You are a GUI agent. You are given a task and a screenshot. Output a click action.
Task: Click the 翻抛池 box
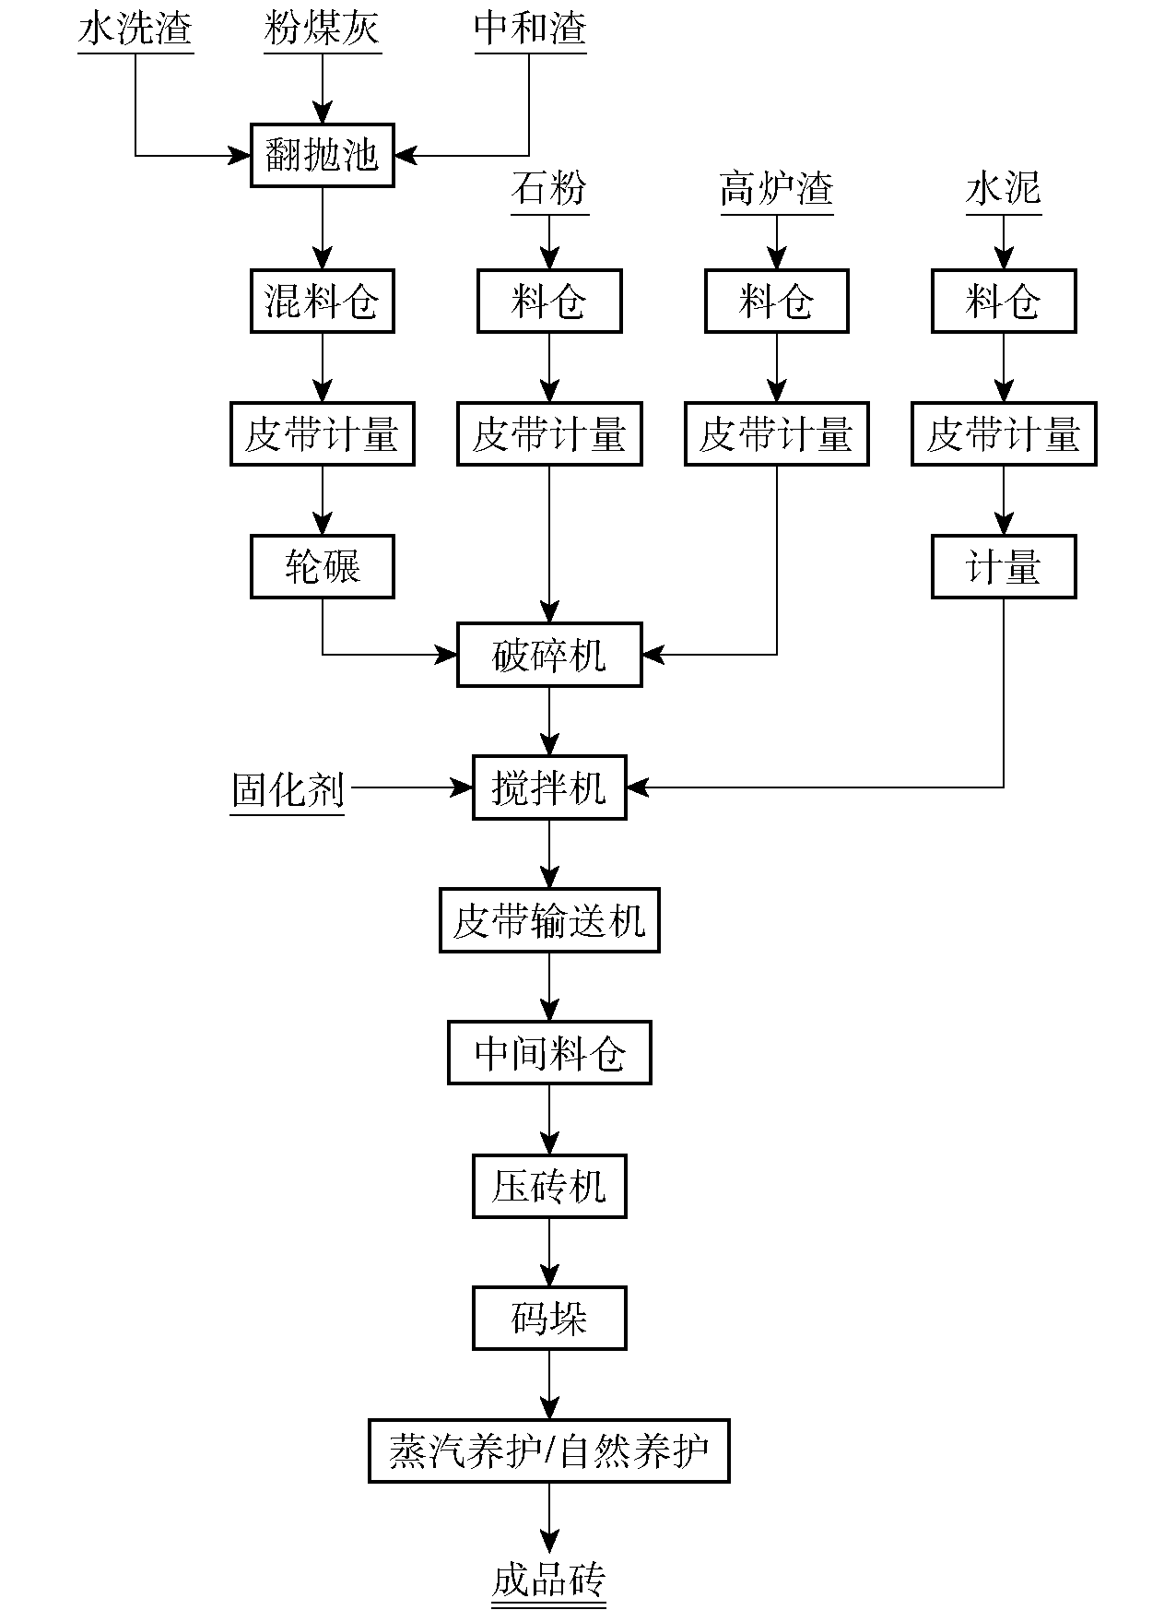[322, 155]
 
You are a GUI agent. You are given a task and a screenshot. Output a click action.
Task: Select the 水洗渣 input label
[135, 30]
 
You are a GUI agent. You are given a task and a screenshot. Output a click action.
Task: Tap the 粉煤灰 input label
[322, 30]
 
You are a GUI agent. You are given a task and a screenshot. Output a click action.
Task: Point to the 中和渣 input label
[530, 30]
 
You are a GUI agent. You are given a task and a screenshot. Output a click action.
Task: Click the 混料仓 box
[322, 301]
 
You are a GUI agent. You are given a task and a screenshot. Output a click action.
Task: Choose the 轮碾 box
[322, 566]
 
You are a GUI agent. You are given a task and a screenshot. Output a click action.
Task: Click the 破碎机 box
[549, 656]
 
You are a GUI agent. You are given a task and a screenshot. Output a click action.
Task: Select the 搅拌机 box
[549, 787]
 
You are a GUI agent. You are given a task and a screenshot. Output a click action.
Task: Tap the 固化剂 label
[288, 789]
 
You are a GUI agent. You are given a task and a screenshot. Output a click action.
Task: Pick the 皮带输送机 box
[549, 920]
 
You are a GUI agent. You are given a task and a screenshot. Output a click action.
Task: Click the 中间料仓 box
[549, 1052]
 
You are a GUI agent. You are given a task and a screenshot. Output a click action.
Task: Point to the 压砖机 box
[549, 1186]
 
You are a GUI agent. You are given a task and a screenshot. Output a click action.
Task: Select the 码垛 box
[549, 1319]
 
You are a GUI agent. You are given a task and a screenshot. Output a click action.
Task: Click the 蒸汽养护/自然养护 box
[549, 1451]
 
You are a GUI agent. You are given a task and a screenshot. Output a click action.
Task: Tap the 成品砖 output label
[549, 1580]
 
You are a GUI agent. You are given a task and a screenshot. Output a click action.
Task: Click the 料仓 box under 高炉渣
[776, 301]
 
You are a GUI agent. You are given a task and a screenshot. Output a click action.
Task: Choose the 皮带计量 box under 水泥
[1004, 433]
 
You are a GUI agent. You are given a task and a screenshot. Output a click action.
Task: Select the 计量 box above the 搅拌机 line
[1004, 566]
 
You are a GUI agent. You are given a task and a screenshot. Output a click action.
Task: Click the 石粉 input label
[549, 190]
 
